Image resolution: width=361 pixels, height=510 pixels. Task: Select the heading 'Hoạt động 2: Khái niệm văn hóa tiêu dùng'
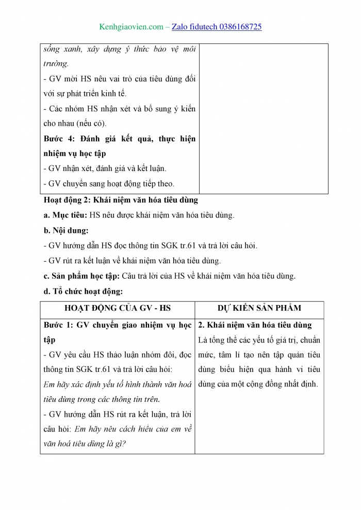click(121, 200)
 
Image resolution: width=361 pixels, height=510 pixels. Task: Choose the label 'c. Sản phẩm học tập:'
click(81, 276)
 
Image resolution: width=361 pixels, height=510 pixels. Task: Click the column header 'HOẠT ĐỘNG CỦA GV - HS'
click(117, 308)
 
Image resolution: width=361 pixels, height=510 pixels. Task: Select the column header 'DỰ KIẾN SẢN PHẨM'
click(259, 308)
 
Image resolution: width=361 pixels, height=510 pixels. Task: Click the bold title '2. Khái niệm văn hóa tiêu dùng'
click(255, 325)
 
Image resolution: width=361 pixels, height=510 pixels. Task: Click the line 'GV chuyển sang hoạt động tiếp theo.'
click(111, 183)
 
